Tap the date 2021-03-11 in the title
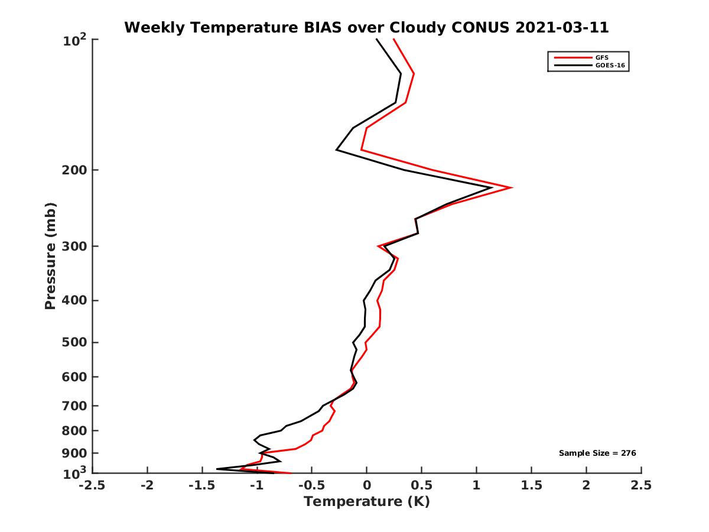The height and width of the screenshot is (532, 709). (562, 28)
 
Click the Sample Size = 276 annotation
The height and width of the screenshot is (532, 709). (597, 453)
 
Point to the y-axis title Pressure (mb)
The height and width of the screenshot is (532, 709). (50, 256)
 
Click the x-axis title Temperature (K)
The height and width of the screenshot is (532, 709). (366, 502)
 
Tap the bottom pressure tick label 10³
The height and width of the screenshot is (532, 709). (75, 473)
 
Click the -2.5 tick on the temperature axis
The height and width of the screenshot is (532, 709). (92, 485)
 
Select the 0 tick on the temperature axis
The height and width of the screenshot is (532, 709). (366, 485)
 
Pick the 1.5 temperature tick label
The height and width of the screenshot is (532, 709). (531, 485)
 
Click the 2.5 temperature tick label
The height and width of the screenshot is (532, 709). (641, 485)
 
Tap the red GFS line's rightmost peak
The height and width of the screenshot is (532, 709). (511, 187)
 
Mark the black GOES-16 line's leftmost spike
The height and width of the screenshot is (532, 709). (217, 469)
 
